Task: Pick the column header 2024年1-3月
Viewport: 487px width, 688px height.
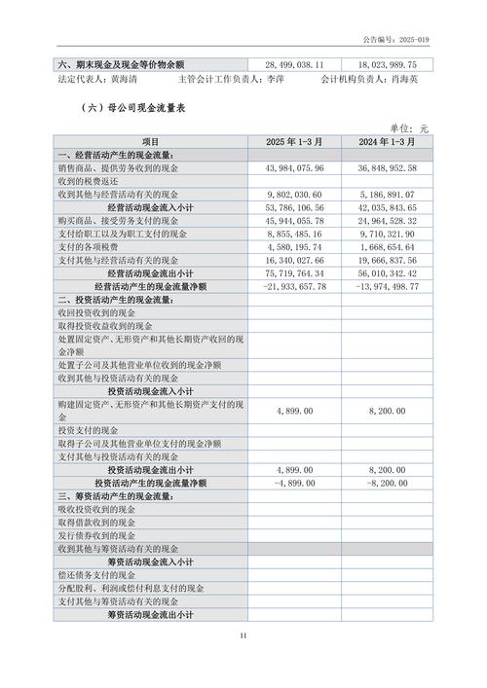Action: point(385,142)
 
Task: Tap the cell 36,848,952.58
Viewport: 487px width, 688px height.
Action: point(385,168)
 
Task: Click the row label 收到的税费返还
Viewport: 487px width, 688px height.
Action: point(90,182)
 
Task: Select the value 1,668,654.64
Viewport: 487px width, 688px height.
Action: point(387,247)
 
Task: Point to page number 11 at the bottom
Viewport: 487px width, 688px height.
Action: point(243,636)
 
